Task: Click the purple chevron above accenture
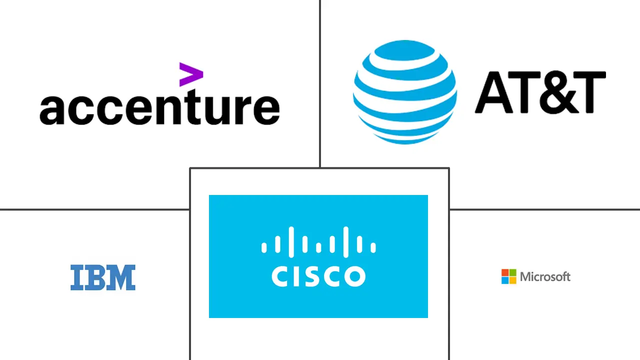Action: (x=191, y=74)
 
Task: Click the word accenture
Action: (x=159, y=108)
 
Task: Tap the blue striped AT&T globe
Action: (x=404, y=92)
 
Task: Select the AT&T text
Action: (x=540, y=92)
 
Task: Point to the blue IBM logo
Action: (x=103, y=277)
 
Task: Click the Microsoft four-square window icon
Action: (x=508, y=276)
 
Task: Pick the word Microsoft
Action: (x=545, y=276)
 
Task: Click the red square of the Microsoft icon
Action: (x=505, y=273)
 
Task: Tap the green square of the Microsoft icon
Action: (x=512, y=273)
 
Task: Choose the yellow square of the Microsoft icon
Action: (x=512, y=280)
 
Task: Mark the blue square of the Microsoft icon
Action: (x=505, y=280)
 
